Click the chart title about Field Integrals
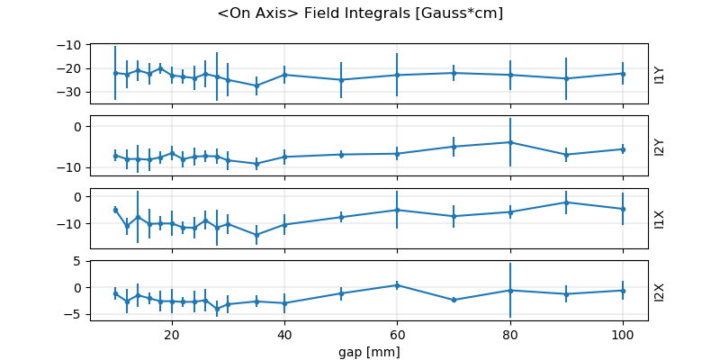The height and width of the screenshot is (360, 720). click(360, 13)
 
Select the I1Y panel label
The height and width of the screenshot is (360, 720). click(660, 74)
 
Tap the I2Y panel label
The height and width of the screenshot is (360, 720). click(660, 146)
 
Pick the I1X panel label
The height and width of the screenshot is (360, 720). click(660, 219)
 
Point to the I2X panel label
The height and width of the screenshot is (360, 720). click(660, 291)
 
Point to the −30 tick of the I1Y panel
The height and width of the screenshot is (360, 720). click(76, 92)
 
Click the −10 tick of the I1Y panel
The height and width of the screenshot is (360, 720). click(76, 45)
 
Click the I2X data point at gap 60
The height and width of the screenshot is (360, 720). click(397, 285)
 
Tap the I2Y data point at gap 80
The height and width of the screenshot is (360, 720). click(509, 142)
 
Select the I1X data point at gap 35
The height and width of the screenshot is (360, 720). click(256, 235)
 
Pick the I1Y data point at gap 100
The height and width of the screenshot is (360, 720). click(622, 74)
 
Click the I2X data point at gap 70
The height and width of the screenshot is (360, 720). click(454, 300)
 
